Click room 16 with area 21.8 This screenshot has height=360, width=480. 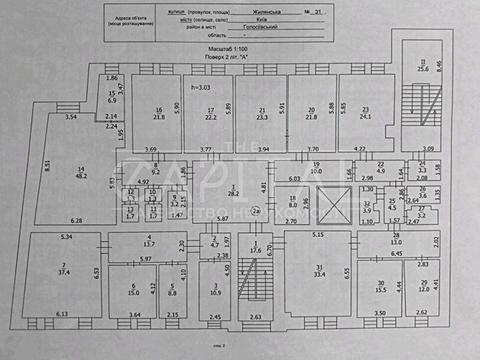(158, 113)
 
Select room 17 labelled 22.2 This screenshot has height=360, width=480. (209, 113)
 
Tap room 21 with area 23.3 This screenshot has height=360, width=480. (262, 113)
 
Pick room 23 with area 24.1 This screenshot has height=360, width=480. (366, 113)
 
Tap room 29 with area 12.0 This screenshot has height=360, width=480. (424, 286)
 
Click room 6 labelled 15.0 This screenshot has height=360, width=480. (132, 291)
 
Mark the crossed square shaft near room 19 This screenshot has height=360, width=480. (328, 210)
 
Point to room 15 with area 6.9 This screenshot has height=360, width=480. (112, 98)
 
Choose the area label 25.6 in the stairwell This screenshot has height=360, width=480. (423, 68)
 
